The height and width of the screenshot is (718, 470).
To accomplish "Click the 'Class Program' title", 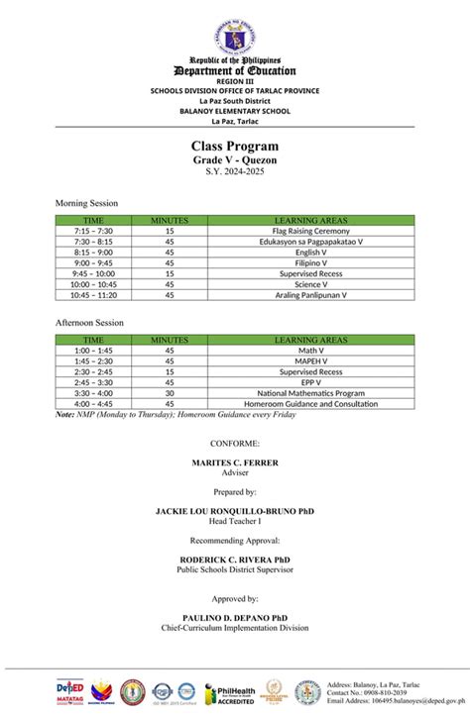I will (235, 147).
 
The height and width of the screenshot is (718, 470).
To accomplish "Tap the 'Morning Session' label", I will (86, 203).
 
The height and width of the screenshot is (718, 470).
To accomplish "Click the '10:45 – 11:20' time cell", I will (94, 295).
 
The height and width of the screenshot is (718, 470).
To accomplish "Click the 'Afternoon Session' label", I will (89, 322).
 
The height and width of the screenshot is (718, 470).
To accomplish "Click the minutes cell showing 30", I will (170, 393).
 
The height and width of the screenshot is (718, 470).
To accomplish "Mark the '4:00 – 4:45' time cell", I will (93, 404).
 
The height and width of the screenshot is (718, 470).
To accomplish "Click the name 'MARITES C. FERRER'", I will (235, 463).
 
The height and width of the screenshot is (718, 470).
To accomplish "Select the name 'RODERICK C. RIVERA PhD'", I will (235, 560).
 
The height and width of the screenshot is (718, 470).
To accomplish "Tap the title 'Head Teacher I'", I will (235, 521).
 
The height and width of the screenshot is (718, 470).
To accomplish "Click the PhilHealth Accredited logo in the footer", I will (229, 693).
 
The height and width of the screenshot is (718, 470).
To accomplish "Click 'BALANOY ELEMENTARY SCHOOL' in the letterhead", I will (235, 111).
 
